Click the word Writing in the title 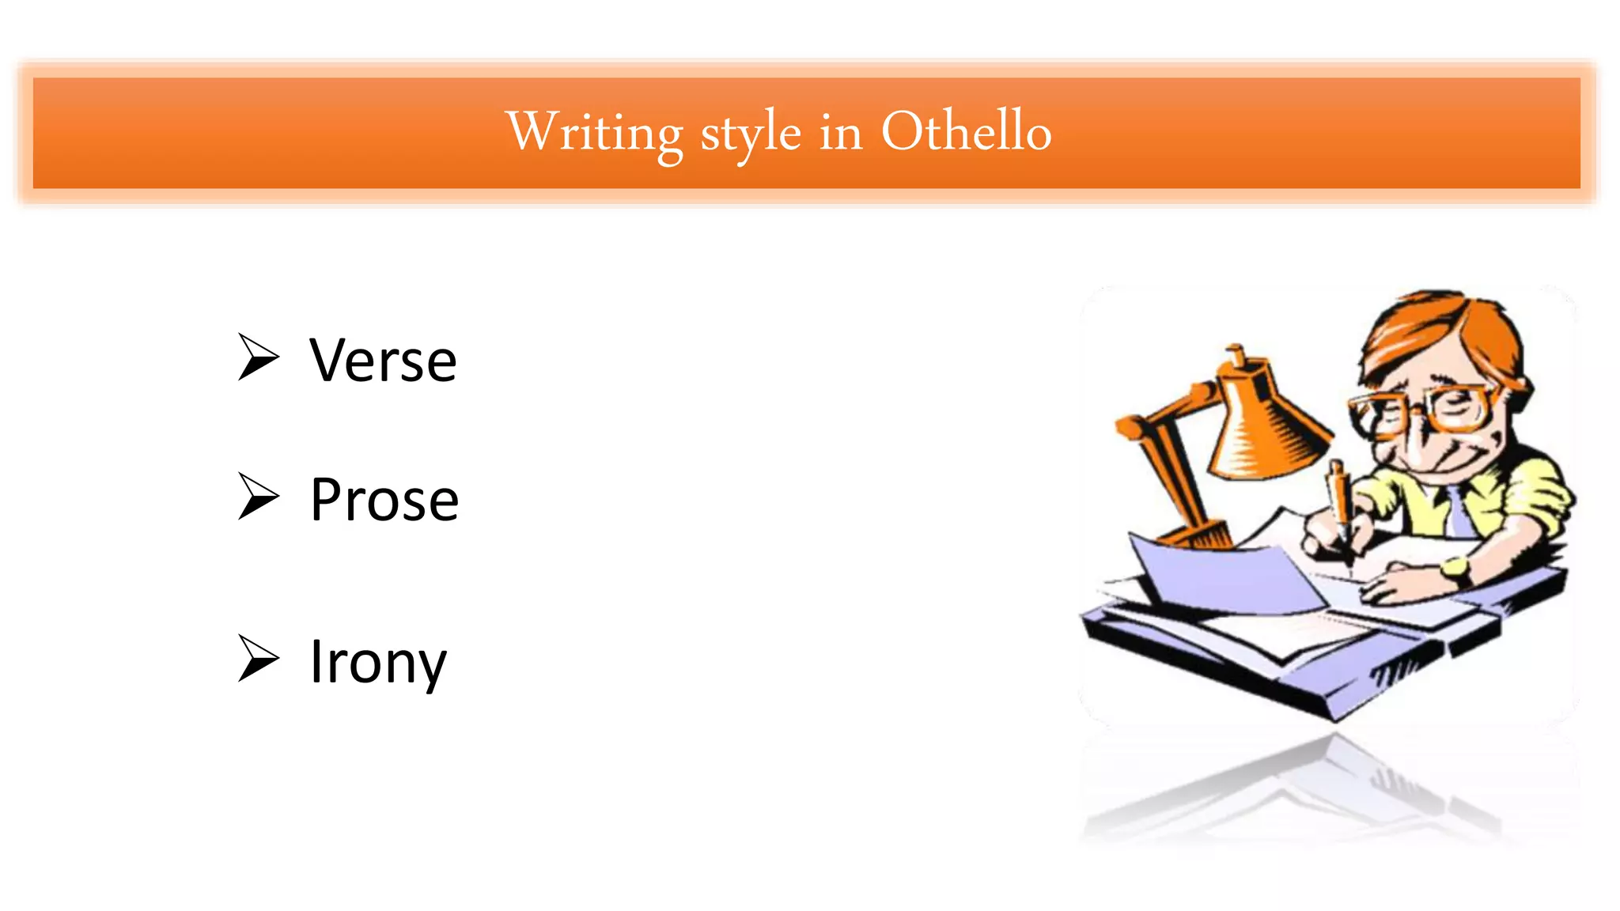pyautogui.click(x=594, y=133)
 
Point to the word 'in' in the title pyautogui.click(x=840, y=133)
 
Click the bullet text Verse pyautogui.click(x=383, y=361)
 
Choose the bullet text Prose pyautogui.click(x=384, y=500)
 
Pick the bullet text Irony pyautogui.click(x=378, y=663)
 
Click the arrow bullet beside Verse pyautogui.click(x=259, y=357)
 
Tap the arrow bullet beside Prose pyautogui.click(x=259, y=497)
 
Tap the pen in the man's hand pyautogui.click(x=1340, y=498)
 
